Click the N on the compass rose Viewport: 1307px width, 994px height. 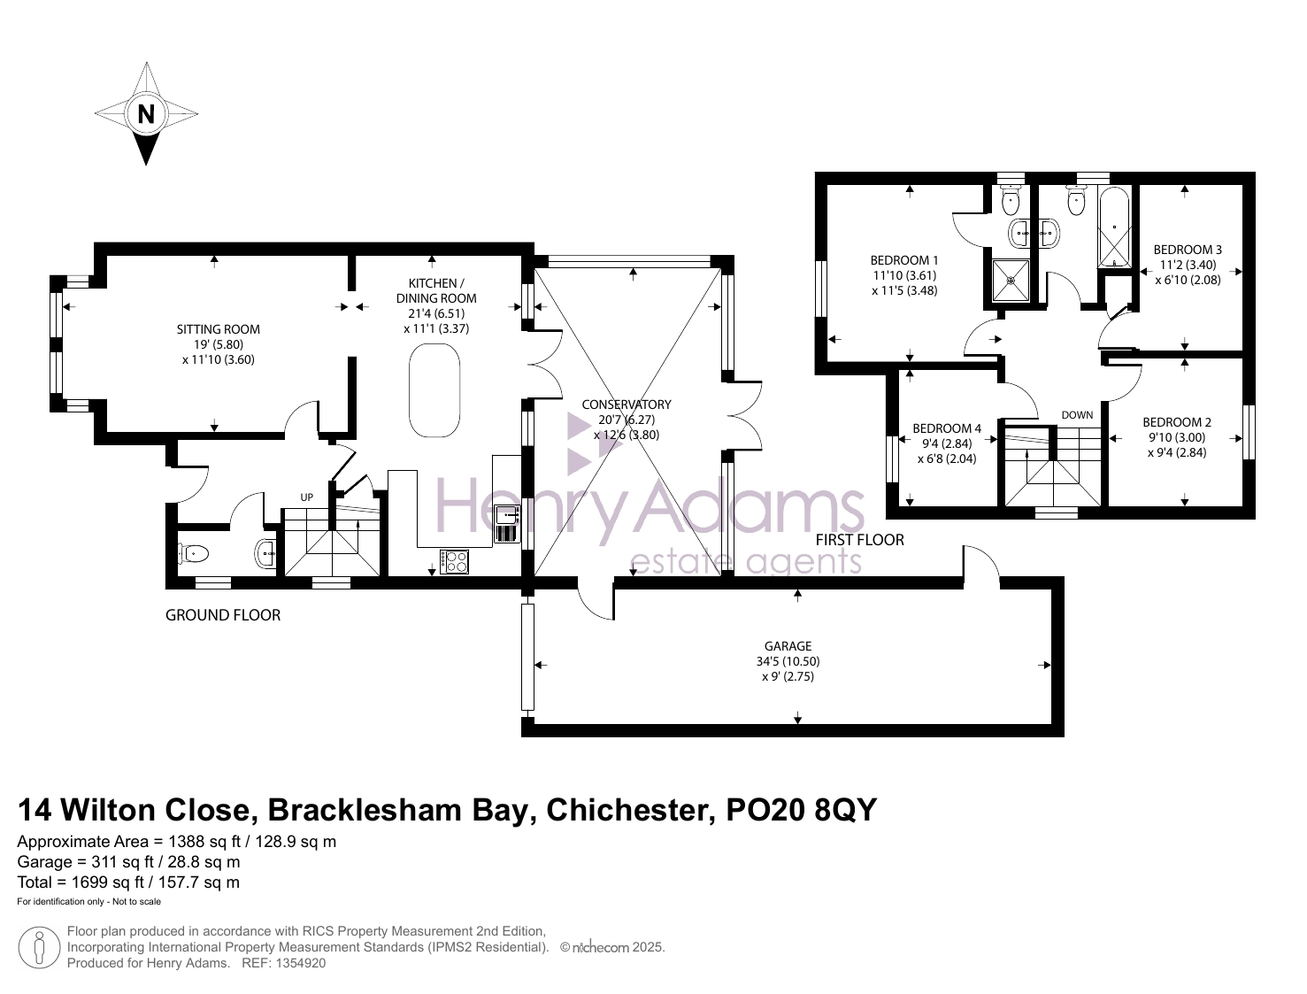[x=146, y=113]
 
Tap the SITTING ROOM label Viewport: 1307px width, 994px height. [x=219, y=328]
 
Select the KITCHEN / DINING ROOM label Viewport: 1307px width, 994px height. [x=436, y=290]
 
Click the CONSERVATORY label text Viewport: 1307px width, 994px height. [x=627, y=405]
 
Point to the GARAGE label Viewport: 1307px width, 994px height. [x=788, y=645]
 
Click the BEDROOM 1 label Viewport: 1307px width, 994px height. [x=903, y=260]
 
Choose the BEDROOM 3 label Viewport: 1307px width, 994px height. [x=1188, y=250]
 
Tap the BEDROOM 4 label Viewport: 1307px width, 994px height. [x=947, y=428]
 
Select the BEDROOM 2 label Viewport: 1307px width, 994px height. [x=1177, y=422]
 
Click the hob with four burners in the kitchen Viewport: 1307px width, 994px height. [x=454, y=562]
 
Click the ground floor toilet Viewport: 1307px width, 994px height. [x=194, y=554]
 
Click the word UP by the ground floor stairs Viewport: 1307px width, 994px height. [x=307, y=497]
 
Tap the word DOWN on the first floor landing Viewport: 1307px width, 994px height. [x=1077, y=415]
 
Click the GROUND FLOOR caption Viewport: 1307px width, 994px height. [x=223, y=614]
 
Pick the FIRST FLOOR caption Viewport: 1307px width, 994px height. [x=860, y=540]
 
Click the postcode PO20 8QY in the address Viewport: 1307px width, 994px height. [x=801, y=810]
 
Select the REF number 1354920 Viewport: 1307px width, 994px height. [x=283, y=963]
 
